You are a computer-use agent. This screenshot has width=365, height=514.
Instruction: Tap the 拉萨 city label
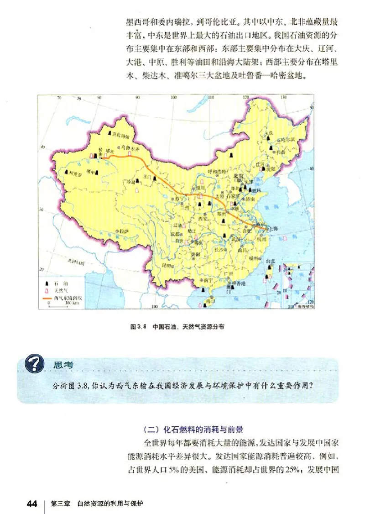(122, 231)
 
